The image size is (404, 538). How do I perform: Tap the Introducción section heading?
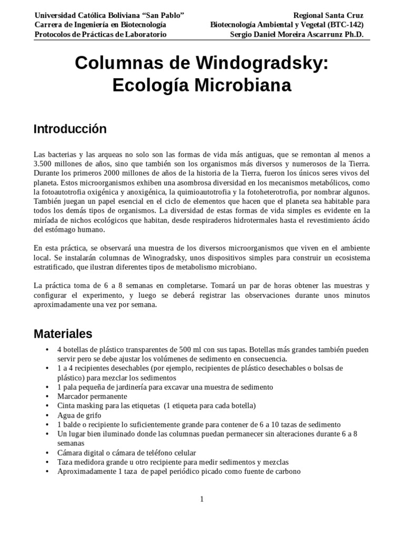[x=70, y=129]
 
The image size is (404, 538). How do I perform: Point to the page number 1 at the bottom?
[x=201, y=499]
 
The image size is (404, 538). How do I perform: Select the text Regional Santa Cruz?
[x=328, y=15]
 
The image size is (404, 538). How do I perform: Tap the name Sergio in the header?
[x=243, y=34]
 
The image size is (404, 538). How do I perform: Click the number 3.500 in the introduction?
[x=44, y=163]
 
